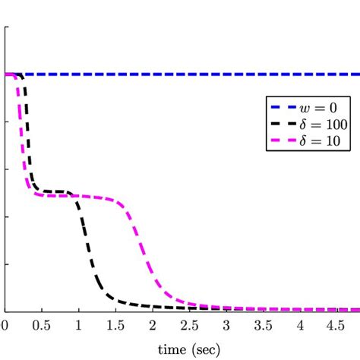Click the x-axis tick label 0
click(x=4, y=324)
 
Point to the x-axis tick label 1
click(x=78, y=324)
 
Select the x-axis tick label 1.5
click(x=115, y=324)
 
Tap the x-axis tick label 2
click(x=153, y=324)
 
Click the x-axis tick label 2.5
click(x=190, y=324)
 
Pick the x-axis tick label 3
click(x=227, y=324)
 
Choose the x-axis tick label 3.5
click(x=264, y=324)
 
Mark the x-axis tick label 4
click(x=302, y=324)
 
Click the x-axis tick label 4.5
click(x=339, y=324)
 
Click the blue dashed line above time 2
click(x=153, y=74)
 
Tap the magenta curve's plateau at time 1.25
click(x=96, y=196)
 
